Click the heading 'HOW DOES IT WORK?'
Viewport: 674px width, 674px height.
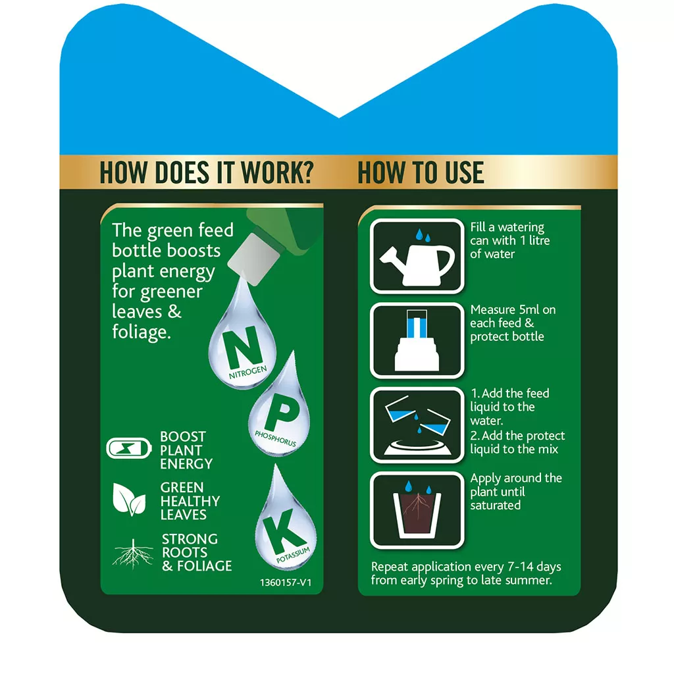[207, 172]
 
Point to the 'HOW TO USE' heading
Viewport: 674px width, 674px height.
[421, 172]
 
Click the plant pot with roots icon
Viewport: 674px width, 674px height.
[417, 513]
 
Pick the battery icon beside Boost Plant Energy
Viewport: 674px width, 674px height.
[129, 448]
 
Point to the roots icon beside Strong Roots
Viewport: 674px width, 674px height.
[133, 554]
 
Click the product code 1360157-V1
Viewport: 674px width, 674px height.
[286, 583]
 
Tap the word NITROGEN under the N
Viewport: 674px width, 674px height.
[247, 373]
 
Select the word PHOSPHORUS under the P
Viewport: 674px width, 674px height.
[276, 438]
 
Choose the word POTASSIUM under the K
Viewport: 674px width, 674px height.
[293, 555]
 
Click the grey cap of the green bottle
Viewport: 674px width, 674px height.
[253, 259]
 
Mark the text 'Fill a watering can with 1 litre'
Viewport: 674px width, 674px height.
[510, 234]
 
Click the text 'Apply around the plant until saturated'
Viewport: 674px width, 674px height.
[516, 491]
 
